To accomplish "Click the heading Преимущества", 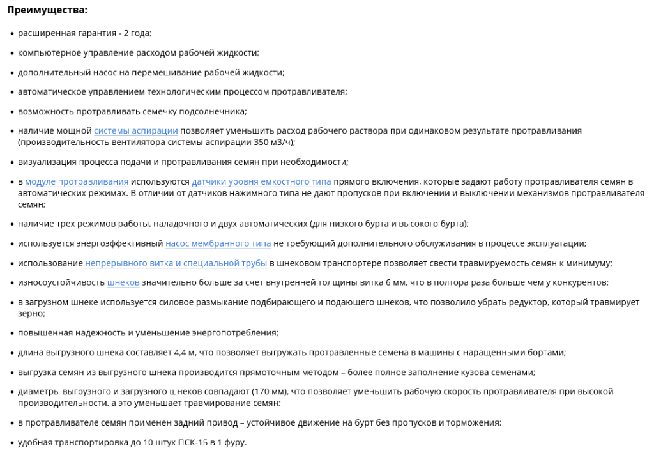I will (x=47, y=10).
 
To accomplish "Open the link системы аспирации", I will (x=135, y=130).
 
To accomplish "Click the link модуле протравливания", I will (x=77, y=181).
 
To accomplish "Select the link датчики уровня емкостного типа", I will (x=261, y=181).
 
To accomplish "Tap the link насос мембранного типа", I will (x=218, y=243).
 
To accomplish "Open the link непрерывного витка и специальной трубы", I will (x=176, y=263).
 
